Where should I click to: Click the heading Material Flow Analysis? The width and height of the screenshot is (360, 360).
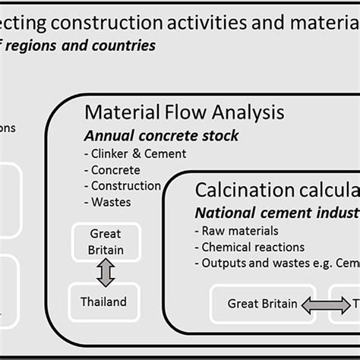(184, 113)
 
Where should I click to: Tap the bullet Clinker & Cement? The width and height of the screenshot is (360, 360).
(138, 153)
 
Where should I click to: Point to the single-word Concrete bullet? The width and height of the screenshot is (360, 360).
(115, 169)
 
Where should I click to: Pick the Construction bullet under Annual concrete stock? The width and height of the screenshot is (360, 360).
(125, 185)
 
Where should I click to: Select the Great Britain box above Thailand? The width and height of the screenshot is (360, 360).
(105, 241)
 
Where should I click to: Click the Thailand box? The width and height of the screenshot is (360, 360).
(105, 302)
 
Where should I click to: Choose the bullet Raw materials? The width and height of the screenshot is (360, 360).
(236, 231)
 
